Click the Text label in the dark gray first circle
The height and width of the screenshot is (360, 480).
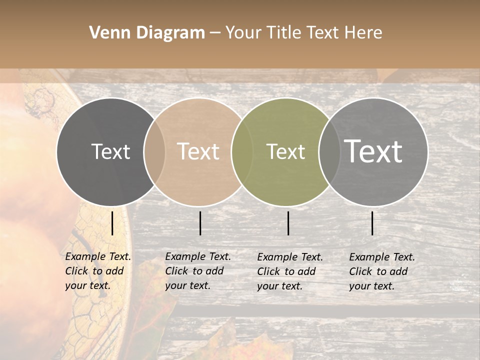point(110,151)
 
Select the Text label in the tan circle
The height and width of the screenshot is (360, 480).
point(198,151)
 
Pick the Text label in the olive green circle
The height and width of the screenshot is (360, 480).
point(285,151)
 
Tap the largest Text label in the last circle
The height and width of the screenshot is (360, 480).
point(373,151)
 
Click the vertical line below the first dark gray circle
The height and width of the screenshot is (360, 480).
point(112,223)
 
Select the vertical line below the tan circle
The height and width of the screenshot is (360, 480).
point(200,223)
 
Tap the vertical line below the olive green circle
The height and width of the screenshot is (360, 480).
point(288,223)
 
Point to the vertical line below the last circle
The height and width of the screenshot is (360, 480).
point(372,223)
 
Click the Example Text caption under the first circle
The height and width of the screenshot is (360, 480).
point(98,271)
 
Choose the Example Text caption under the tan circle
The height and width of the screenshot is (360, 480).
point(198,271)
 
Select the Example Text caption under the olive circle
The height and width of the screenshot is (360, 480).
point(290,271)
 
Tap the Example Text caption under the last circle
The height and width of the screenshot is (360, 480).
point(382,271)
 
